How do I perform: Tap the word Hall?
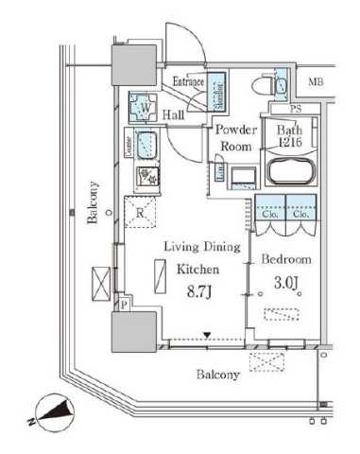tap(173, 114)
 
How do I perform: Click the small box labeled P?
tap(124, 305)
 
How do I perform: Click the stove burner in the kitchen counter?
tap(146, 176)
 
